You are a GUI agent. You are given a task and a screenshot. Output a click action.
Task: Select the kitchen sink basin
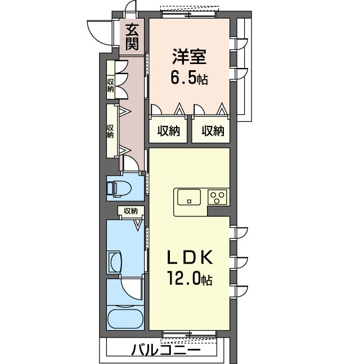189,198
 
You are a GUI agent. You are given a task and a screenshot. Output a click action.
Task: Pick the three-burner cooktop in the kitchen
218,198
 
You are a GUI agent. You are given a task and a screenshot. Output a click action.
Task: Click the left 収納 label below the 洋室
168,131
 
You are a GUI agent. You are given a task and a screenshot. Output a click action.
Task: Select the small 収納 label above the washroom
130,211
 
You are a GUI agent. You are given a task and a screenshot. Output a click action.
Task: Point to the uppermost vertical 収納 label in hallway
111,85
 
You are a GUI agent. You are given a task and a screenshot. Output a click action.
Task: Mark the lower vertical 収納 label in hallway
111,131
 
